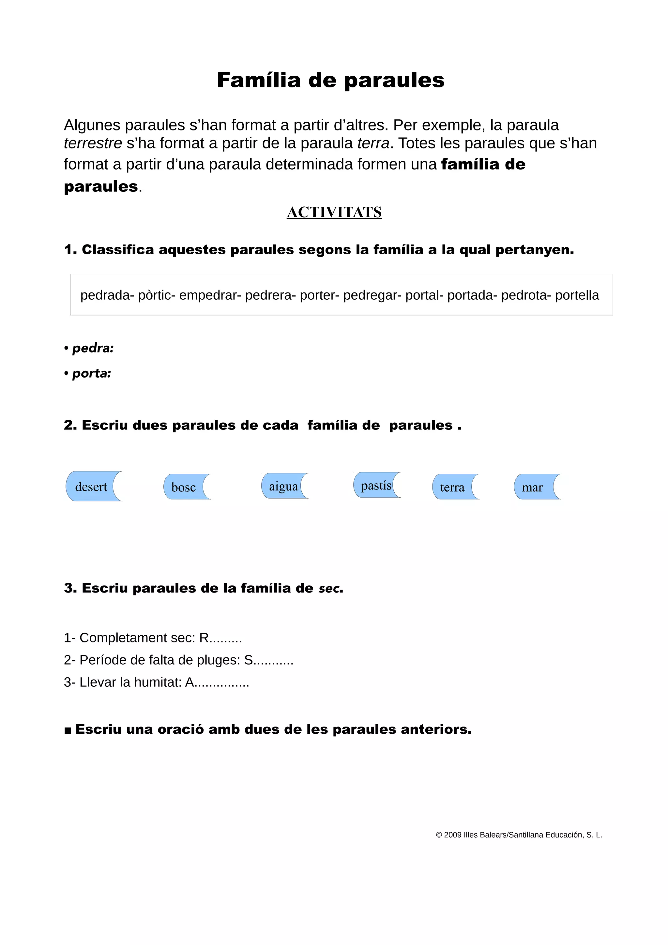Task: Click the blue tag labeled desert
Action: [x=91, y=487]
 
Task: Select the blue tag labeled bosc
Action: [x=184, y=487]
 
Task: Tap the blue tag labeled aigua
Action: [x=283, y=486]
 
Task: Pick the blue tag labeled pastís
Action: [x=376, y=485]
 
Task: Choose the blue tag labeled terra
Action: [x=452, y=487]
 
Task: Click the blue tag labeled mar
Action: [x=532, y=487]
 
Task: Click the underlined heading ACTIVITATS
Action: [x=334, y=212]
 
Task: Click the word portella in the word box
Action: [x=577, y=295]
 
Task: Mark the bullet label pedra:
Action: [x=93, y=348]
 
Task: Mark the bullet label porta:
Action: [x=92, y=373]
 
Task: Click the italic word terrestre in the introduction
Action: [x=93, y=143]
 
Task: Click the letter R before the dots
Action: [x=204, y=637]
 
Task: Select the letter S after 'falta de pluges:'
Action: [x=249, y=660]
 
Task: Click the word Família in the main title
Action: [x=259, y=80]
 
